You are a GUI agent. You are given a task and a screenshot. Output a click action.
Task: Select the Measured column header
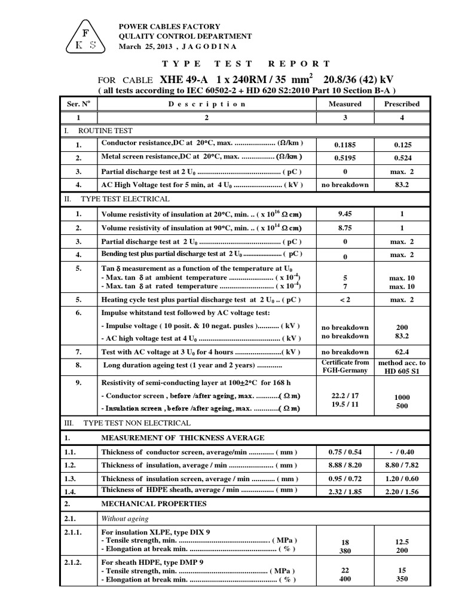coord(345,103)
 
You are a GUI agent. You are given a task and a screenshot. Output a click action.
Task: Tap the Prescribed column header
coord(402,103)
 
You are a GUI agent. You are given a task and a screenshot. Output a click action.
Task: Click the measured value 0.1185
coord(345,145)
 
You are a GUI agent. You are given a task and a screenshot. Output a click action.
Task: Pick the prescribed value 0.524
coord(402,158)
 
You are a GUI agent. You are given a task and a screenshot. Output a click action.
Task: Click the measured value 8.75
coord(345,228)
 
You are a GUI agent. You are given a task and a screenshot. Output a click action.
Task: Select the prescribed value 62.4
coord(402,352)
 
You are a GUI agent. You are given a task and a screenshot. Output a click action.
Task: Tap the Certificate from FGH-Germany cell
coord(345,366)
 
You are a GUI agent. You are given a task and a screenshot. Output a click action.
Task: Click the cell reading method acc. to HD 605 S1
coord(402,366)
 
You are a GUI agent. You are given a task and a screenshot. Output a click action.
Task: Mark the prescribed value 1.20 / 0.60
coord(402,479)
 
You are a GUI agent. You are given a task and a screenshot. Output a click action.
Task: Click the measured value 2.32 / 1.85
coord(345,492)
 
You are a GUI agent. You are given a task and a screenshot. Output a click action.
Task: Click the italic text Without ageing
coord(125,519)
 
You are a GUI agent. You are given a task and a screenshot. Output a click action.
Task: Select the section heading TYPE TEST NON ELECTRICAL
coord(137,423)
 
